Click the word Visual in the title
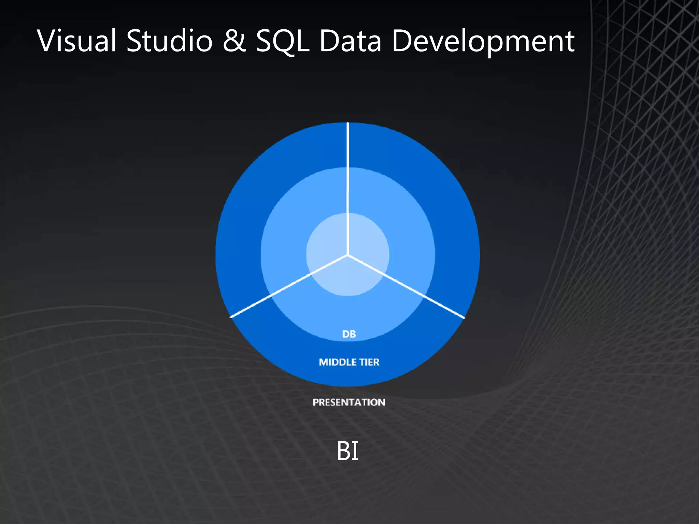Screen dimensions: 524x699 coord(77,41)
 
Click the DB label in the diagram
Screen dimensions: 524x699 coord(349,334)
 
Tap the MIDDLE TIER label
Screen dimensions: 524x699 coord(349,362)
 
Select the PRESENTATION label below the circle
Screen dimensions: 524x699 coord(349,402)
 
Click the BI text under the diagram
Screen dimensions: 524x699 coord(347,451)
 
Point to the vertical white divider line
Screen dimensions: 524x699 coord(348,188)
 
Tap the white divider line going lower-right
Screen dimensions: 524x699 coord(406,286)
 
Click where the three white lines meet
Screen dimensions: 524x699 coord(348,254)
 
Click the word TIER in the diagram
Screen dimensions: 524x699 coord(369,362)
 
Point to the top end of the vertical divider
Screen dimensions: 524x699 coord(348,123)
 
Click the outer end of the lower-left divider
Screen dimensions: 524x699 coord(231,317)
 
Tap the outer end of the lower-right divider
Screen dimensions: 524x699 coord(463,318)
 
